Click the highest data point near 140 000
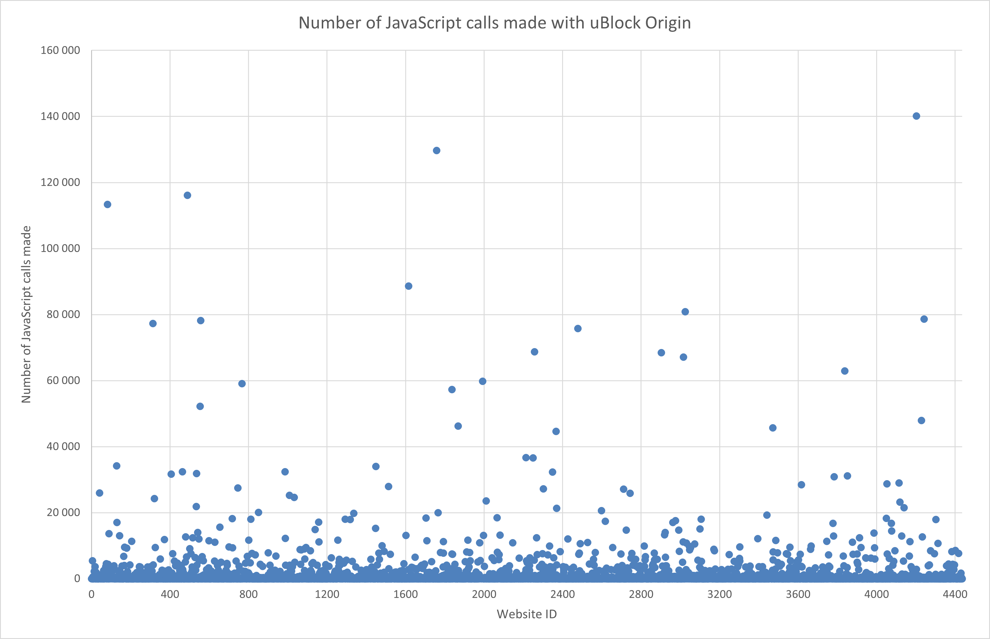tap(916, 116)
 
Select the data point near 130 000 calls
tap(436, 151)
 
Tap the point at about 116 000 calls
tap(187, 195)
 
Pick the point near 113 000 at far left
tap(107, 205)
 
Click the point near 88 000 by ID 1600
tap(408, 286)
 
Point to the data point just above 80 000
tap(685, 312)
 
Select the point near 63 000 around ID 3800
tap(844, 371)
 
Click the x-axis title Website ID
tap(526, 614)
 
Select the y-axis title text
tap(26, 314)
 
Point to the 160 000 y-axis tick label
tap(60, 51)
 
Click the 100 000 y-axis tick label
tap(60, 248)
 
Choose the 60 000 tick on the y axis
tap(63, 381)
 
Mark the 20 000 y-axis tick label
tap(63, 513)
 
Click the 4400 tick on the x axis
tap(955, 594)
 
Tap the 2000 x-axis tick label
tap(484, 594)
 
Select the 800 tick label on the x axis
tap(248, 594)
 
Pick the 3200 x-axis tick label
tap(719, 594)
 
